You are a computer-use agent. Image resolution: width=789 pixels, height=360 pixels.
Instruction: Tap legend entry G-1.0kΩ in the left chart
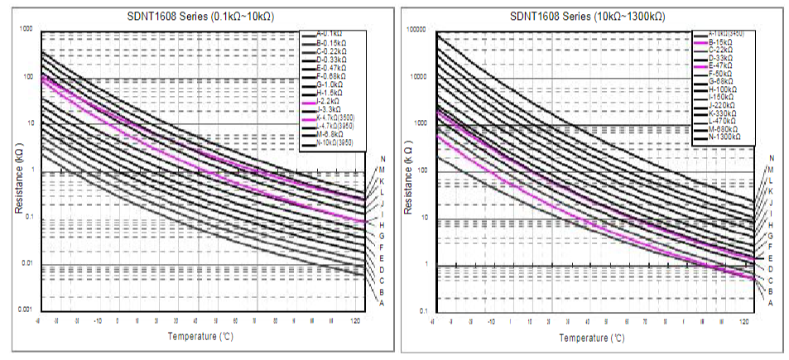[324, 84]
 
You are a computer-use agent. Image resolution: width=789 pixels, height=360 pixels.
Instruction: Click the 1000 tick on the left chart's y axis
[25, 30]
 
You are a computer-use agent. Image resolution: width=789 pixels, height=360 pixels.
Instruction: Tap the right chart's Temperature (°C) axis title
[591, 337]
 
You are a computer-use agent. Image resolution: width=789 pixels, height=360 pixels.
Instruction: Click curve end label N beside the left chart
[382, 159]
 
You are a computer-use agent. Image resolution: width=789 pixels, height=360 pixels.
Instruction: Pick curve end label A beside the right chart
[771, 303]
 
